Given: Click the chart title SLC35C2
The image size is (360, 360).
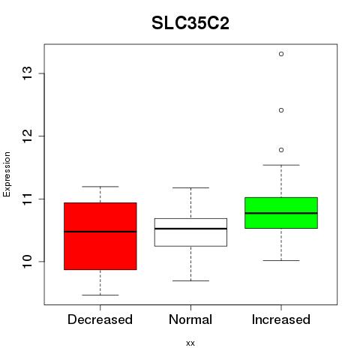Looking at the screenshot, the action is tap(190, 23).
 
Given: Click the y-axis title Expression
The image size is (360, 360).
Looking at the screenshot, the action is tap(7, 174).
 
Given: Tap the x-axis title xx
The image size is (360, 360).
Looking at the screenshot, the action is tap(190, 343).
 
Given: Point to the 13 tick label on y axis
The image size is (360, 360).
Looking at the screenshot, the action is tap(28, 73).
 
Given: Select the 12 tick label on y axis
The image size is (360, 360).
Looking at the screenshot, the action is tap(28, 136).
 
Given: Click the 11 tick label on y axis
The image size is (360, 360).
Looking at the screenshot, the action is tap(28, 199).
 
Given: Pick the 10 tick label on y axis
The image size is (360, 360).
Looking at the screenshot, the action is tap(28, 262).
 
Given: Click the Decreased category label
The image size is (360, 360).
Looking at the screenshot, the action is tap(100, 319).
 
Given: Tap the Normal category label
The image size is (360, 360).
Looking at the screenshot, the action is tap(190, 319).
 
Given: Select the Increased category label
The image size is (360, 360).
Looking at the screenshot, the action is tap(281, 319).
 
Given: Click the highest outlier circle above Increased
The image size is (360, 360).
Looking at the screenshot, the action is tap(281, 54).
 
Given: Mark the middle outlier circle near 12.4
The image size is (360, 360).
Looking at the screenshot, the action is tap(281, 110).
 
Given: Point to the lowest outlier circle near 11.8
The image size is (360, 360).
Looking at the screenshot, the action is tap(281, 150).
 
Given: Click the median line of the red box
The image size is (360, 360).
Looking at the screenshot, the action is tap(100, 232).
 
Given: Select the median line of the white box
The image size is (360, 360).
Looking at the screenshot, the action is tap(190, 229).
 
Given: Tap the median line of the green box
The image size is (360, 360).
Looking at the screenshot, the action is tap(281, 213).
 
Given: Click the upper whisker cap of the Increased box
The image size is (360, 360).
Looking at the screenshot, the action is tap(281, 165).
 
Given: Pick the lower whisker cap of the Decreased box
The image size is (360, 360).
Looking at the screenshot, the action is tap(100, 295).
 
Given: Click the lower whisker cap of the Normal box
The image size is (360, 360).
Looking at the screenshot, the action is tap(190, 280).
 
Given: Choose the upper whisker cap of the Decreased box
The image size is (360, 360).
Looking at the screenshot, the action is tap(100, 187).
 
